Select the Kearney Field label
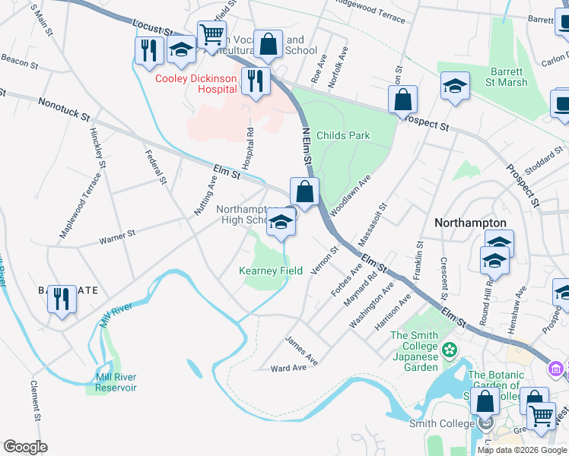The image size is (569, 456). (271, 271)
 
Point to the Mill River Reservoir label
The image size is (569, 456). (116, 382)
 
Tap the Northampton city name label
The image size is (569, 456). (470, 223)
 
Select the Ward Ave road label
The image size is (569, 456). (288, 368)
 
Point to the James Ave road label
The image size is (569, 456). (301, 350)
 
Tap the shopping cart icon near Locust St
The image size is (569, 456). (211, 34)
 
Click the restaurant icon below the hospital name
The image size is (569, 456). (256, 81)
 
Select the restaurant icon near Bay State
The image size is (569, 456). (62, 299)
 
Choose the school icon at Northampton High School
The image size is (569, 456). (281, 223)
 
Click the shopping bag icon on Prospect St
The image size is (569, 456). (402, 100)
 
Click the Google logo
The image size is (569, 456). (25, 447)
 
